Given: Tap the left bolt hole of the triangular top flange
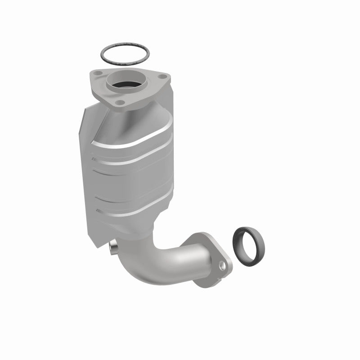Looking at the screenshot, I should click(x=98, y=73).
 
